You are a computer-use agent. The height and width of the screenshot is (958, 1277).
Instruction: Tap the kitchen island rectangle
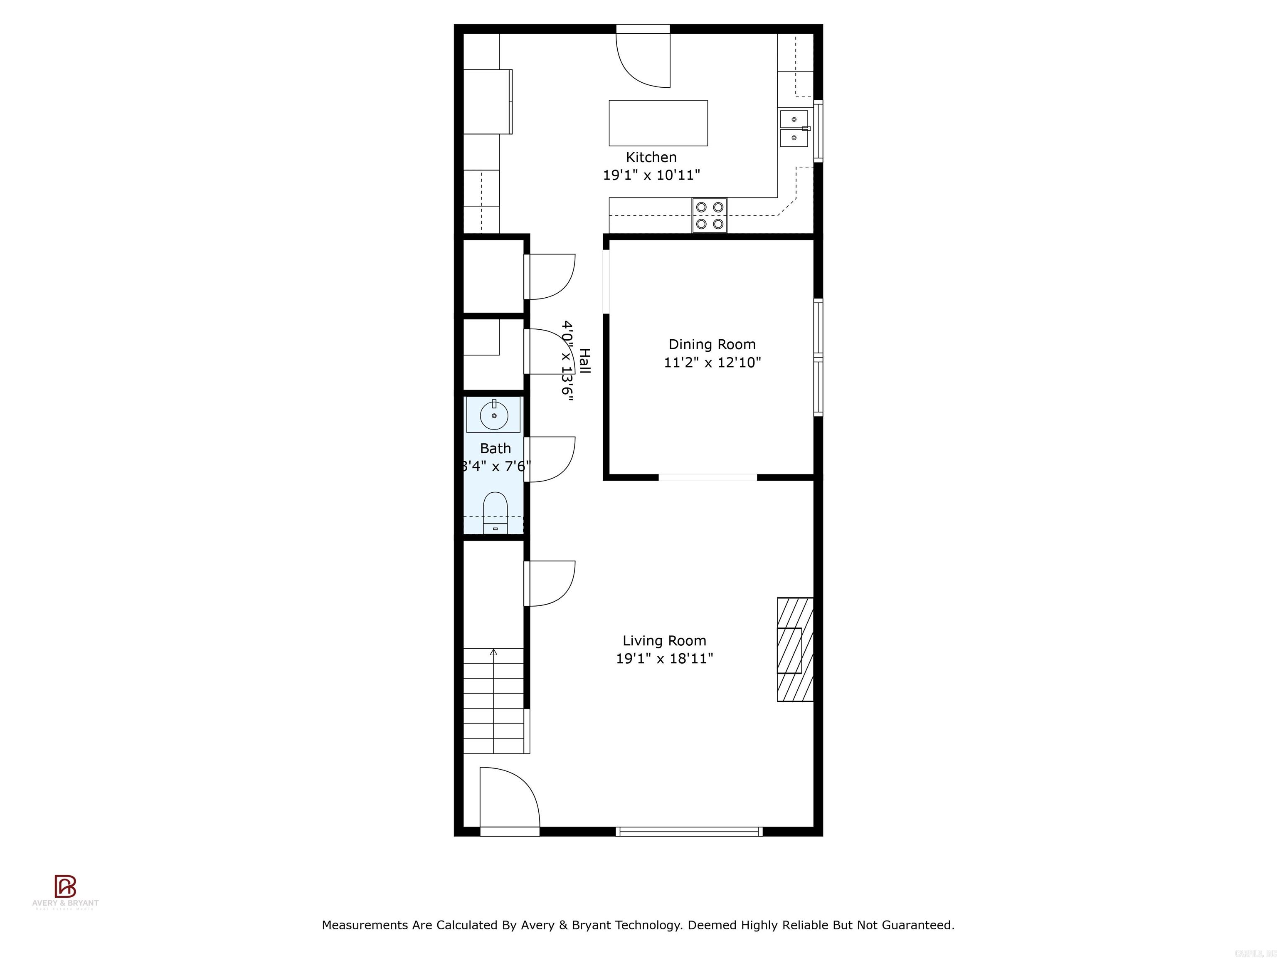tap(658, 123)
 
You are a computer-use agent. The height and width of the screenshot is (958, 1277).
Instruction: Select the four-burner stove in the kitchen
tap(710, 215)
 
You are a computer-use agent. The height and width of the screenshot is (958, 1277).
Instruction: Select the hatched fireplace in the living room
tap(795, 649)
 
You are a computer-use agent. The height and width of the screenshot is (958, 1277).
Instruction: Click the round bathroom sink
tap(494, 415)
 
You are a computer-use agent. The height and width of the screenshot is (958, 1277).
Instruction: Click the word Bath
tap(496, 448)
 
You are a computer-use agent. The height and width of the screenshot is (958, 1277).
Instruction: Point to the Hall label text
tap(584, 361)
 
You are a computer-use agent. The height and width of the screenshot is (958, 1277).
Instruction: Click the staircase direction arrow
tap(493, 652)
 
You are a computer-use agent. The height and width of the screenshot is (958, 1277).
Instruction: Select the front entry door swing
tap(508, 800)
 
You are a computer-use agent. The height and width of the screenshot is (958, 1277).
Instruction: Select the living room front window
tap(689, 832)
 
